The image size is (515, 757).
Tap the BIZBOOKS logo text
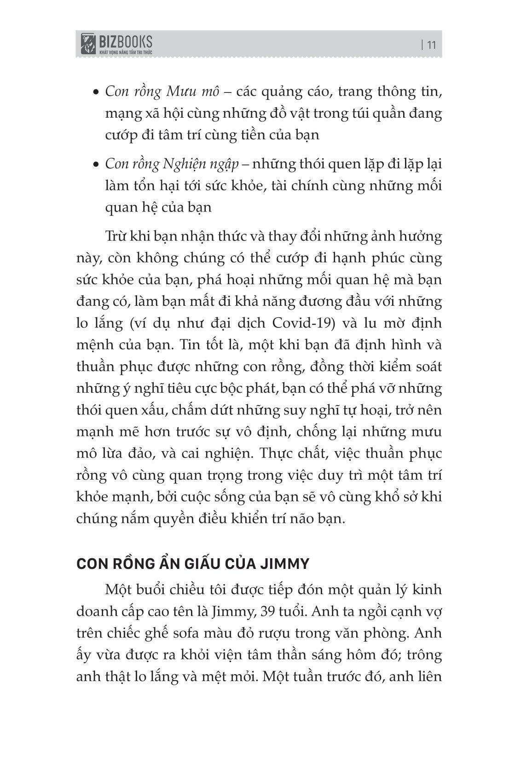125,42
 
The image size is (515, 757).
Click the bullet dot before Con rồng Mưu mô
96,92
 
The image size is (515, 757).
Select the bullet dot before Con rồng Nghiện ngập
96,165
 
